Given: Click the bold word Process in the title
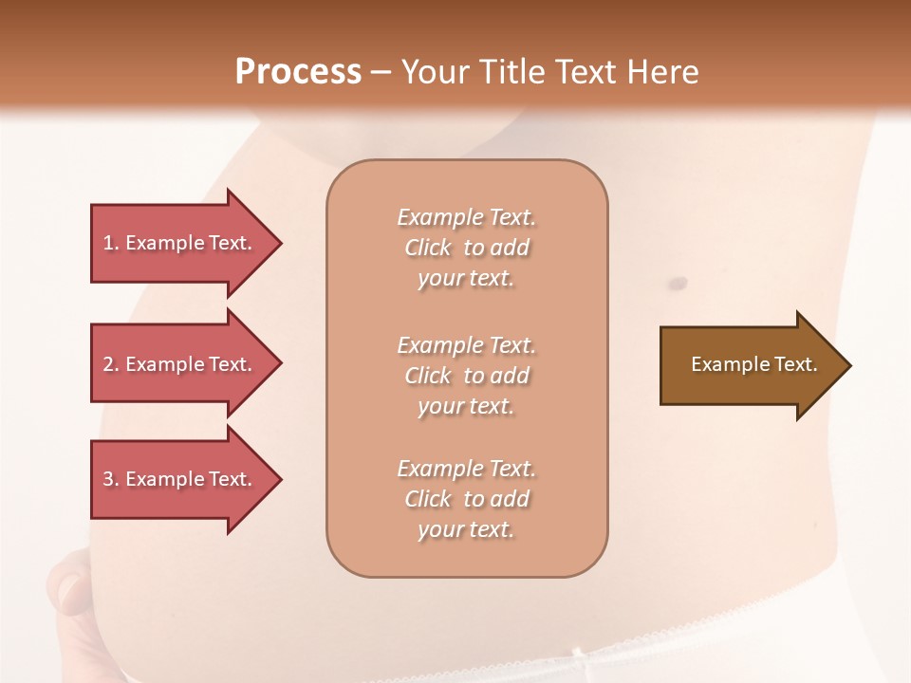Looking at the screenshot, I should click(298, 71).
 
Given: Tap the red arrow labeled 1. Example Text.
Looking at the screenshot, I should click(180, 243).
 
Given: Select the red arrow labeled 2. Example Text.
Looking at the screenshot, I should click(180, 364).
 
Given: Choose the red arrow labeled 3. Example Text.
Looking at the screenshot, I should click(180, 479).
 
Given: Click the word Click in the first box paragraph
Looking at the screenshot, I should click(428, 249).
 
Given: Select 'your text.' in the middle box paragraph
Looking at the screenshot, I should click(466, 407).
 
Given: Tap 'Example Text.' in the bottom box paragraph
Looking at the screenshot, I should click(466, 469).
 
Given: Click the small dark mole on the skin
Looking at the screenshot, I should click(679, 283).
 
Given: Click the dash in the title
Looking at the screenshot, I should click(380, 72).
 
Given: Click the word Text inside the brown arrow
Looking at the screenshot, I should click(796, 364).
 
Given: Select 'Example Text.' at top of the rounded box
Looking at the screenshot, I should click(466, 217).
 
